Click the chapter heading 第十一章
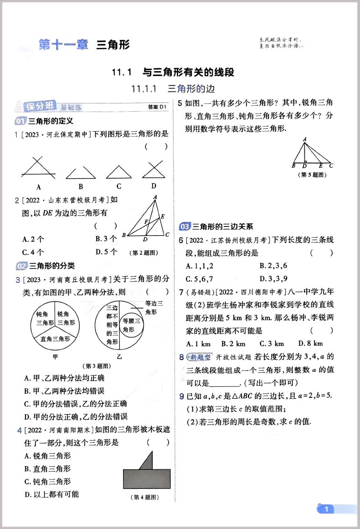coord(63,45)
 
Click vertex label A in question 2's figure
coord(155,197)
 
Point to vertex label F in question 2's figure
coord(146,222)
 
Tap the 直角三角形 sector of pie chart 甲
coord(55,339)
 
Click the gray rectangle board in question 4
coord(147,478)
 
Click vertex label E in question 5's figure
coord(320,165)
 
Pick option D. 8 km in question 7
coord(310,343)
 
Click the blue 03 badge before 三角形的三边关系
coord(185,226)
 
